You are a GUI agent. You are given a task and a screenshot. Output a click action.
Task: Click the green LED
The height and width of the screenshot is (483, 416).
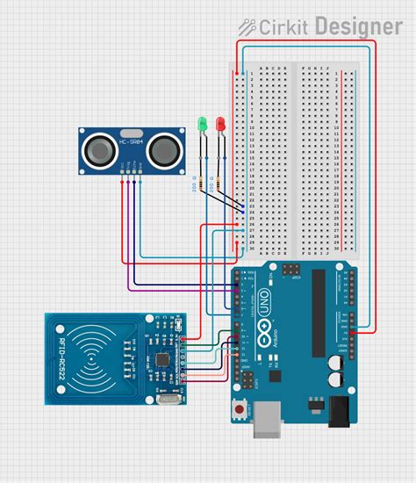point(202,125)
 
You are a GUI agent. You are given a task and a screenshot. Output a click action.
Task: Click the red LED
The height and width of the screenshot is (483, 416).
point(219,125)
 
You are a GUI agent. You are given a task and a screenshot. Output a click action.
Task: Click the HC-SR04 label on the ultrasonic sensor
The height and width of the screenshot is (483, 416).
point(132,140)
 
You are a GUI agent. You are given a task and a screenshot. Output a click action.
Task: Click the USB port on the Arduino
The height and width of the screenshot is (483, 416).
point(264,420)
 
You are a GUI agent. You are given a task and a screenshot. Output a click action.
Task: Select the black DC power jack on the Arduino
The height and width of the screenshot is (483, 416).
point(339,410)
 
